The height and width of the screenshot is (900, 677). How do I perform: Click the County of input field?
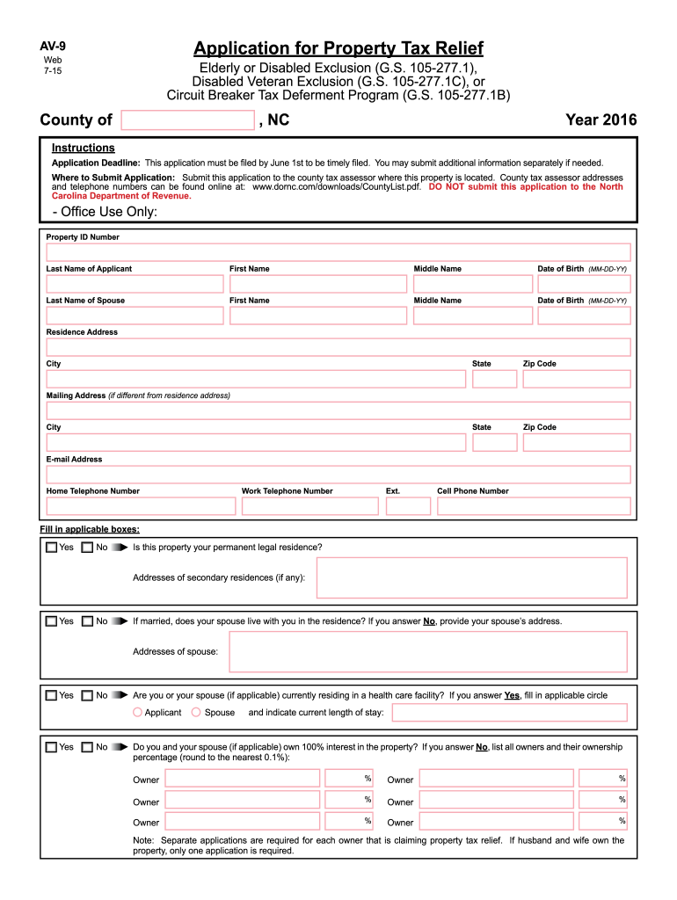tap(188, 120)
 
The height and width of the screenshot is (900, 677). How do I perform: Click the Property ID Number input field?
tap(338, 252)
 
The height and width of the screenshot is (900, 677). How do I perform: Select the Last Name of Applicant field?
tap(135, 284)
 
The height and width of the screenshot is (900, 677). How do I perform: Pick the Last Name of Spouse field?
tap(135, 316)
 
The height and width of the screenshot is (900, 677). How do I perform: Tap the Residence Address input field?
tap(338, 347)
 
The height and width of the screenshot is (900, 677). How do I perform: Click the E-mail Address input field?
tap(338, 475)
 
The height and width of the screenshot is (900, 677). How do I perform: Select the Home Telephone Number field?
tap(141, 506)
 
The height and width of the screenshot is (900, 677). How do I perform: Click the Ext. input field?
tap(408, 506)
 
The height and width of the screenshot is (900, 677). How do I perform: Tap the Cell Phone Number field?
tap(534, 506)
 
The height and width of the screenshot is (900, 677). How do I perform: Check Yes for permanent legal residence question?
tap(52, 548)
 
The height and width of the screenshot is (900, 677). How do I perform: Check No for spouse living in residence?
tap(87, 621)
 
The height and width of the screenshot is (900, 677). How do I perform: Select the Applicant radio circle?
tap(137, 713)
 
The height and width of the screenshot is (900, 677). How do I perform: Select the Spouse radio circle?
tap(196, 713)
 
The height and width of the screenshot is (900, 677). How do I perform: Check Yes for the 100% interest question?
tap(52, 747)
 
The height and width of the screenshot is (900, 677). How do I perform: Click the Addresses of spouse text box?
tap(428, 651)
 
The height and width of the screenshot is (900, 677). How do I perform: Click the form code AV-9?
tap(53, 46)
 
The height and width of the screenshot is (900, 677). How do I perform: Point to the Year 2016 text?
tap(601, 120)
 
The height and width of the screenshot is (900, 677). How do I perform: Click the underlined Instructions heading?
tap(83, 148)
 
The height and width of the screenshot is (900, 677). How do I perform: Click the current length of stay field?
tap(509, 712)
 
